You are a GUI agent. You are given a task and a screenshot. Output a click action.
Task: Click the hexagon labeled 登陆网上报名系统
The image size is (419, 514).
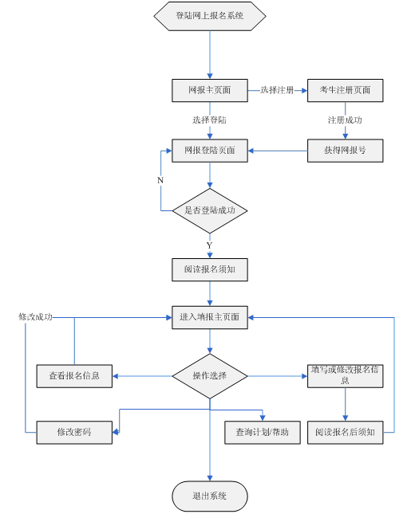tap(210, 16)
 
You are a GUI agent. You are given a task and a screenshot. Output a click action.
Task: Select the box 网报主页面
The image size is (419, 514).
tap(210, 91)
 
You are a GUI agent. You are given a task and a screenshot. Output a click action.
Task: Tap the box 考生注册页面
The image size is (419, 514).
tap(345, 91)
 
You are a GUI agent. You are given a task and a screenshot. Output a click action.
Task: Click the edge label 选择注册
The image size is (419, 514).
tap(277, 90)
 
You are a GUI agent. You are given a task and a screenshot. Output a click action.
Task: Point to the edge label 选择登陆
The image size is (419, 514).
tap(209, 120)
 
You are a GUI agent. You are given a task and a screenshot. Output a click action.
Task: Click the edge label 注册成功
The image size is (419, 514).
tap(345, 120)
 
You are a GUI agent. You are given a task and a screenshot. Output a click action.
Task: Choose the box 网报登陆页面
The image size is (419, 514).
tap(210, 151)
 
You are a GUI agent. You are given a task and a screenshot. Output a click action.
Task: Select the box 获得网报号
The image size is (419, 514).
tap(345, 151)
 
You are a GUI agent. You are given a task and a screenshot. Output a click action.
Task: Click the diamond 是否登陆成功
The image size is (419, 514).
tap(210, 210)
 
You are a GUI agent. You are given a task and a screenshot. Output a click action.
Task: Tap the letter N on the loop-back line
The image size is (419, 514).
tap(160, 180)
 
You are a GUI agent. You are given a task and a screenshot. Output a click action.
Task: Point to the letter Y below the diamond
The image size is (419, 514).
tap(209, 245)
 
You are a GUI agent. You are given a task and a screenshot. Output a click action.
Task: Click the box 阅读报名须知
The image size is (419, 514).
tap(210, 270)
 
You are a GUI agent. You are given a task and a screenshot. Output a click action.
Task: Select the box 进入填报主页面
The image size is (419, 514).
tap(210, 318)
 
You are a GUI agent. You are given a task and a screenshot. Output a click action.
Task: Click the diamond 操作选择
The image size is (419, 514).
tap(210, 376)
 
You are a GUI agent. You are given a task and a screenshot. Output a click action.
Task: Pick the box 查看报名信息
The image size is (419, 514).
tap(74, 376)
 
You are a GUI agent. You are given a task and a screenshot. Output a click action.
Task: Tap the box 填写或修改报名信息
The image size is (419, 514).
tap(345, 376)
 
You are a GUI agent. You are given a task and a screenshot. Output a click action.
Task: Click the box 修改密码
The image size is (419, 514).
tap(74, 433)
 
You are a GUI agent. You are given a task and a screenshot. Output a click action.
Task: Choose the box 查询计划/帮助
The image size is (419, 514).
tap(263, 433)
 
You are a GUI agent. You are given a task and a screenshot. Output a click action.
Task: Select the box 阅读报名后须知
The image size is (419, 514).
tap(345, 433)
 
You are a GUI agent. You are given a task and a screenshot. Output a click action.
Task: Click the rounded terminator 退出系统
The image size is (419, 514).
tap(210, 496)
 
